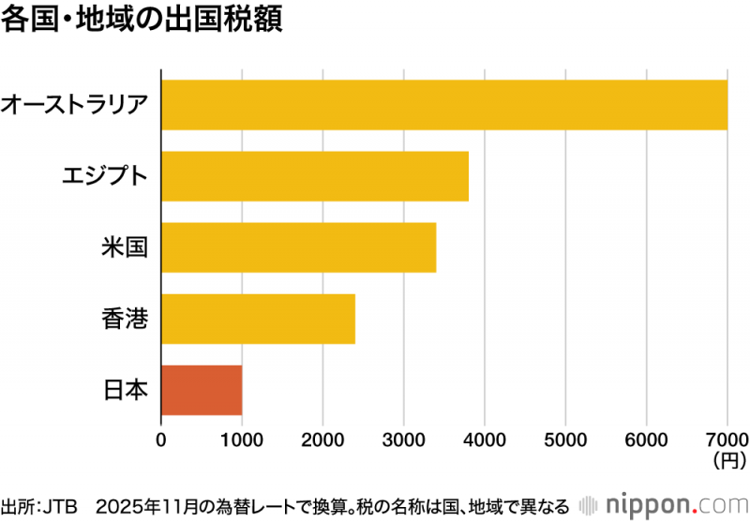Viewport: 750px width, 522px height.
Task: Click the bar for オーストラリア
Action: [444, 105]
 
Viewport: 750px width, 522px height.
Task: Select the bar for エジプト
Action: [315, 176]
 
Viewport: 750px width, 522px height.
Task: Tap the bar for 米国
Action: [299, 247]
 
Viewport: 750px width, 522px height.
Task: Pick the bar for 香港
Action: [259, 319]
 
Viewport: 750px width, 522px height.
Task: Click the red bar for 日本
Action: [202, 390]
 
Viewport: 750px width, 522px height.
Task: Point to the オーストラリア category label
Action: [75, 104]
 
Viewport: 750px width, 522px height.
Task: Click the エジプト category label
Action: [104, 176]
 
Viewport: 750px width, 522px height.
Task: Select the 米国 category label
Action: [125, 247]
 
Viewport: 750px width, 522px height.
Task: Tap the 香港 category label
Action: [125, 319]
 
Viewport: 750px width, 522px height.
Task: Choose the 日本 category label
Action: [125, 390]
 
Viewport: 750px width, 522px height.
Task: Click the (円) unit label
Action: [728, 460]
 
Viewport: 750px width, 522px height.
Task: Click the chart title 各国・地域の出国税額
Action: [142, 22]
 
